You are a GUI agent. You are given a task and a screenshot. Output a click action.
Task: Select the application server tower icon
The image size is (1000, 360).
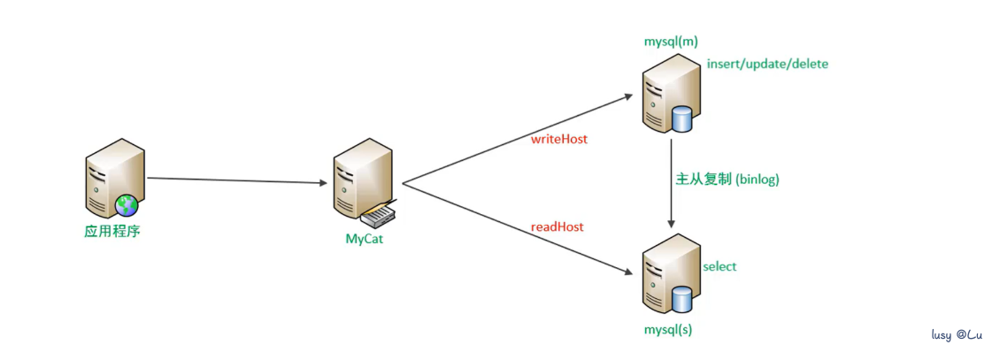coord(112,177)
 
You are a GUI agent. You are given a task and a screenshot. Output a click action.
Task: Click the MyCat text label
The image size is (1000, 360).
coord(365,238)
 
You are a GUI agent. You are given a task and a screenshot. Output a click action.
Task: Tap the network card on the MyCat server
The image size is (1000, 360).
coord(379,215)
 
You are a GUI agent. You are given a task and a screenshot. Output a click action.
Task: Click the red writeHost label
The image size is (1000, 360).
coord(558,140)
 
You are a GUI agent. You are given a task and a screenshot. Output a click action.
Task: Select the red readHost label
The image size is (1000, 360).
coord(557,226)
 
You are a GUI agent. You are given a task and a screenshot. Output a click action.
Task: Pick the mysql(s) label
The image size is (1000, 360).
coord(669,330)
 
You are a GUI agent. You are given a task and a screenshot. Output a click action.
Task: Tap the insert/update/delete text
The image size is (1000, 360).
coord(767,64)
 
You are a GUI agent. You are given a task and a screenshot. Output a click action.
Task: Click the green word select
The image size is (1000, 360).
coord(719,266)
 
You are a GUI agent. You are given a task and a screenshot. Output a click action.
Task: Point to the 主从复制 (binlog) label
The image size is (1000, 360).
coord(727,179)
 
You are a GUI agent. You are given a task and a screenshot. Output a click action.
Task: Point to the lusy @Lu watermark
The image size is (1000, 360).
coord(957,335)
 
